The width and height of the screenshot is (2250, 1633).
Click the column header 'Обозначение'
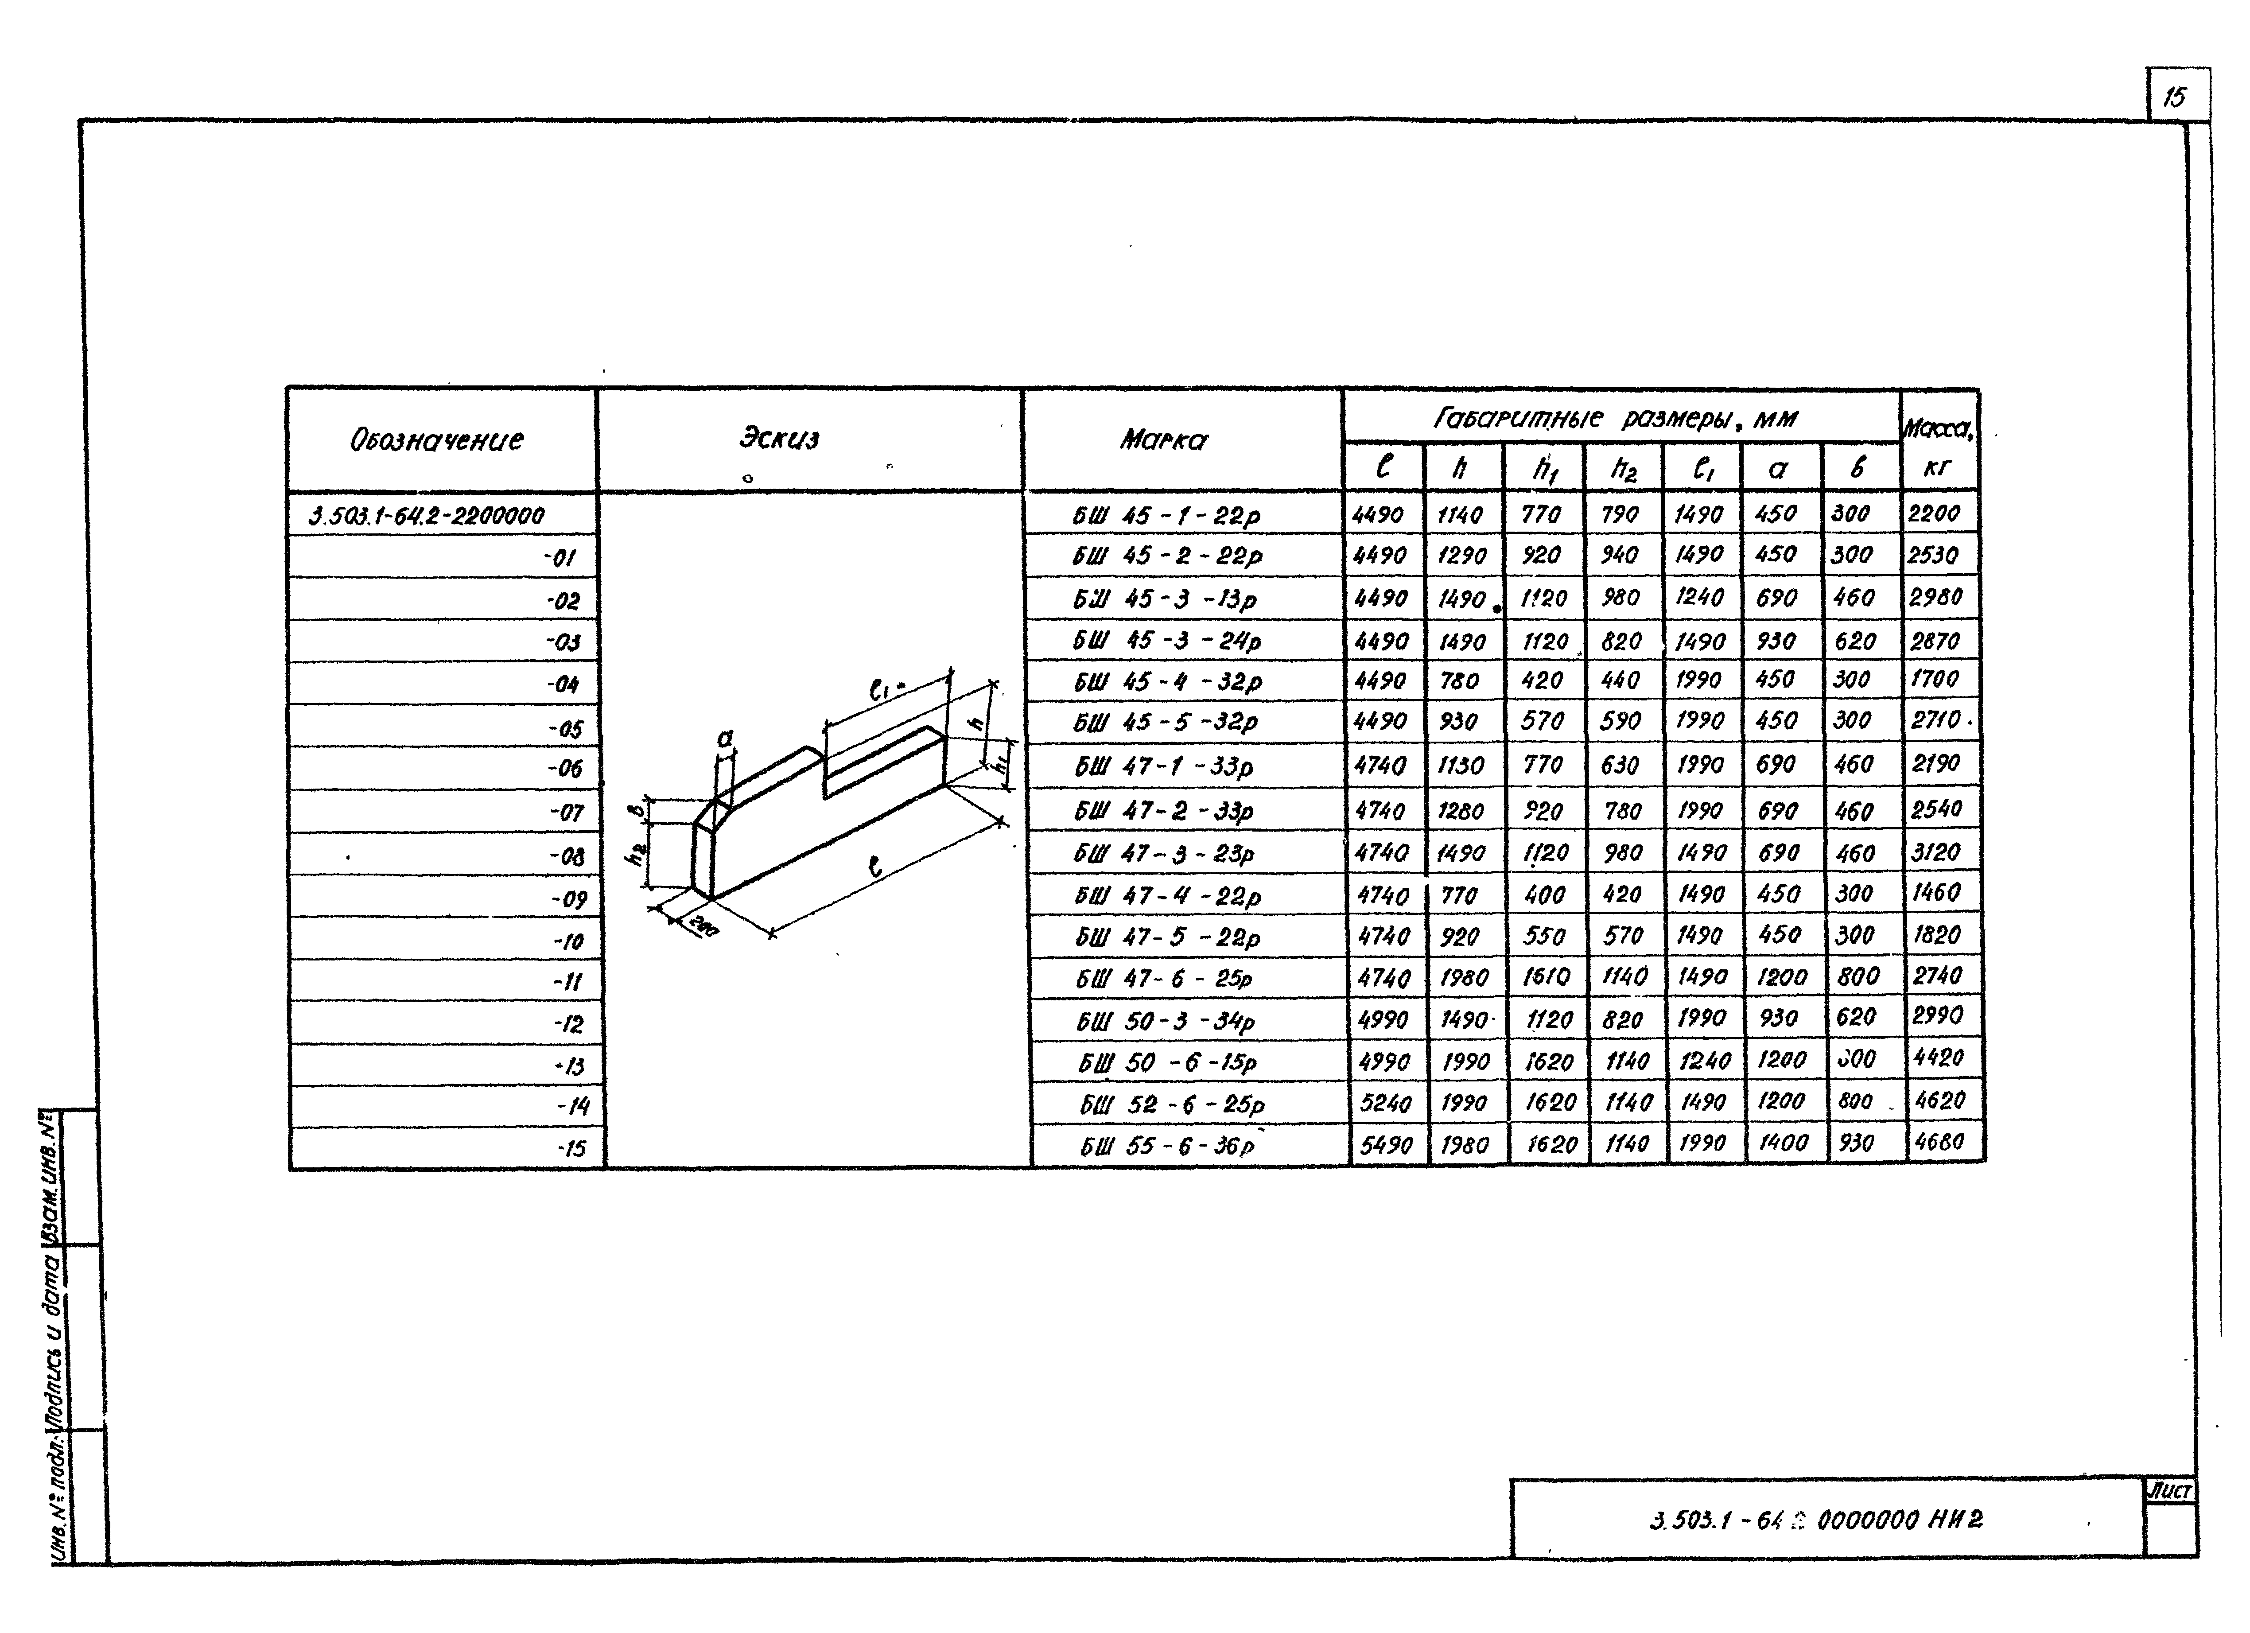[436, 439]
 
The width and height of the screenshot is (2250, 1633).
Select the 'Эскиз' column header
[780, 438]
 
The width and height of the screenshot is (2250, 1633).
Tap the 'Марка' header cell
[1165, 439]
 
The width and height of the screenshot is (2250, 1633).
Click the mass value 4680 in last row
[1939, 1142]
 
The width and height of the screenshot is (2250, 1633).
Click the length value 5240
[1386, 1102]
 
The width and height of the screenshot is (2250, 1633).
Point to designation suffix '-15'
[571, 1149]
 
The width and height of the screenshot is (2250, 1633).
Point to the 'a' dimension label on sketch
[725, 738]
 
